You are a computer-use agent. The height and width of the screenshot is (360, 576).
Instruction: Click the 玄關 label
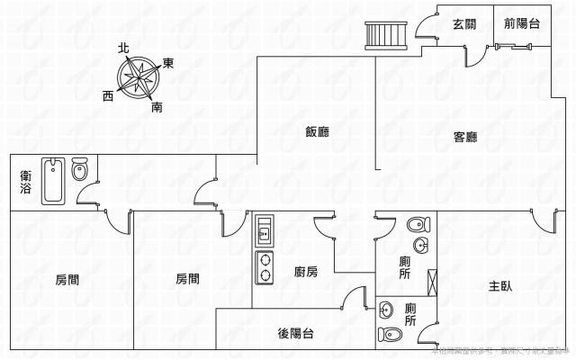click(x=464, y=25)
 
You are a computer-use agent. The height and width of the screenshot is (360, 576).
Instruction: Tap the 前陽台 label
click(x=522, y=25)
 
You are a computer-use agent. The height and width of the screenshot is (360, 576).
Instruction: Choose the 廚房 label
click(x=306, y=272)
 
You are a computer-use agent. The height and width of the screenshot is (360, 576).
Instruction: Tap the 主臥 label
click(x=500, y=286)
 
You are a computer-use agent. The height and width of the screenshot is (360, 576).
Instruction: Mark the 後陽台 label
click(x=295, y=334)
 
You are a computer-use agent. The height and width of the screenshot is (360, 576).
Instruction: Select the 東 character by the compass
click(x=167, y=64)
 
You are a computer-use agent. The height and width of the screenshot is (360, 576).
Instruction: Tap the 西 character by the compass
click(x=108, y=94)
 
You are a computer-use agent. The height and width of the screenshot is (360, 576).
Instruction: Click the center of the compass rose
click(x=139, y=77)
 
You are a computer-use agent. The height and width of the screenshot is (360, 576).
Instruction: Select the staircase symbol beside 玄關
click(x=374, y=35)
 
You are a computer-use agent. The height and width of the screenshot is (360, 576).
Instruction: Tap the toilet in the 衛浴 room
click(x=79, y=169)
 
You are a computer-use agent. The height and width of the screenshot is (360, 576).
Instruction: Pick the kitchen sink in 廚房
click(x=265, y=230)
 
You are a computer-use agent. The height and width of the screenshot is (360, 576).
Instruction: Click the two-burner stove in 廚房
click(x=265, y=266)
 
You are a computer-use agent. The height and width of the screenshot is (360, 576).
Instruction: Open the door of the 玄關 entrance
click(x=472, y=55)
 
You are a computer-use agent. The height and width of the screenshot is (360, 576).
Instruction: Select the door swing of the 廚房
click(x=324, y=229)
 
